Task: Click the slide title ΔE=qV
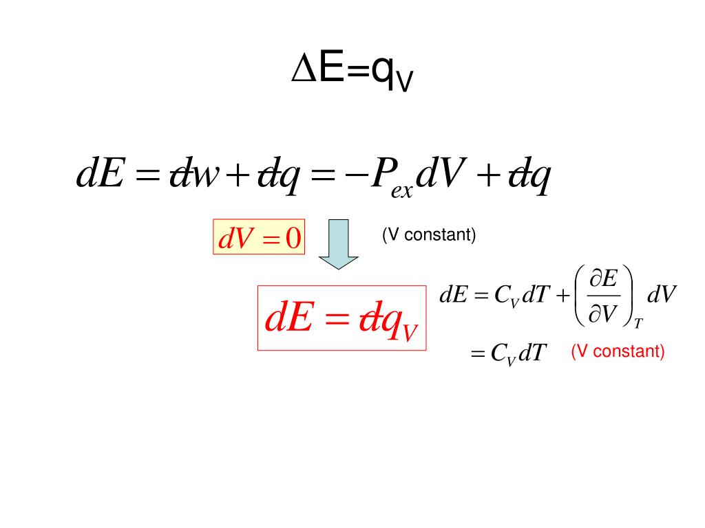point(352,71)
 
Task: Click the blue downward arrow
point(337,245)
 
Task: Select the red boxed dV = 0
point(259,238)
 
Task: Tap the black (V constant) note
point(429,235)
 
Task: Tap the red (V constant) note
point(618,352)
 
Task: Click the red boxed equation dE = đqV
point(342,318)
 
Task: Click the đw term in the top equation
point(195,177)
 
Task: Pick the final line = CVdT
point(507,354)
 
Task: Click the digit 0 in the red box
point(293,238)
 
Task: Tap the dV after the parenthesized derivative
point(663,296)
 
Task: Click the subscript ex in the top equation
point(401,191)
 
